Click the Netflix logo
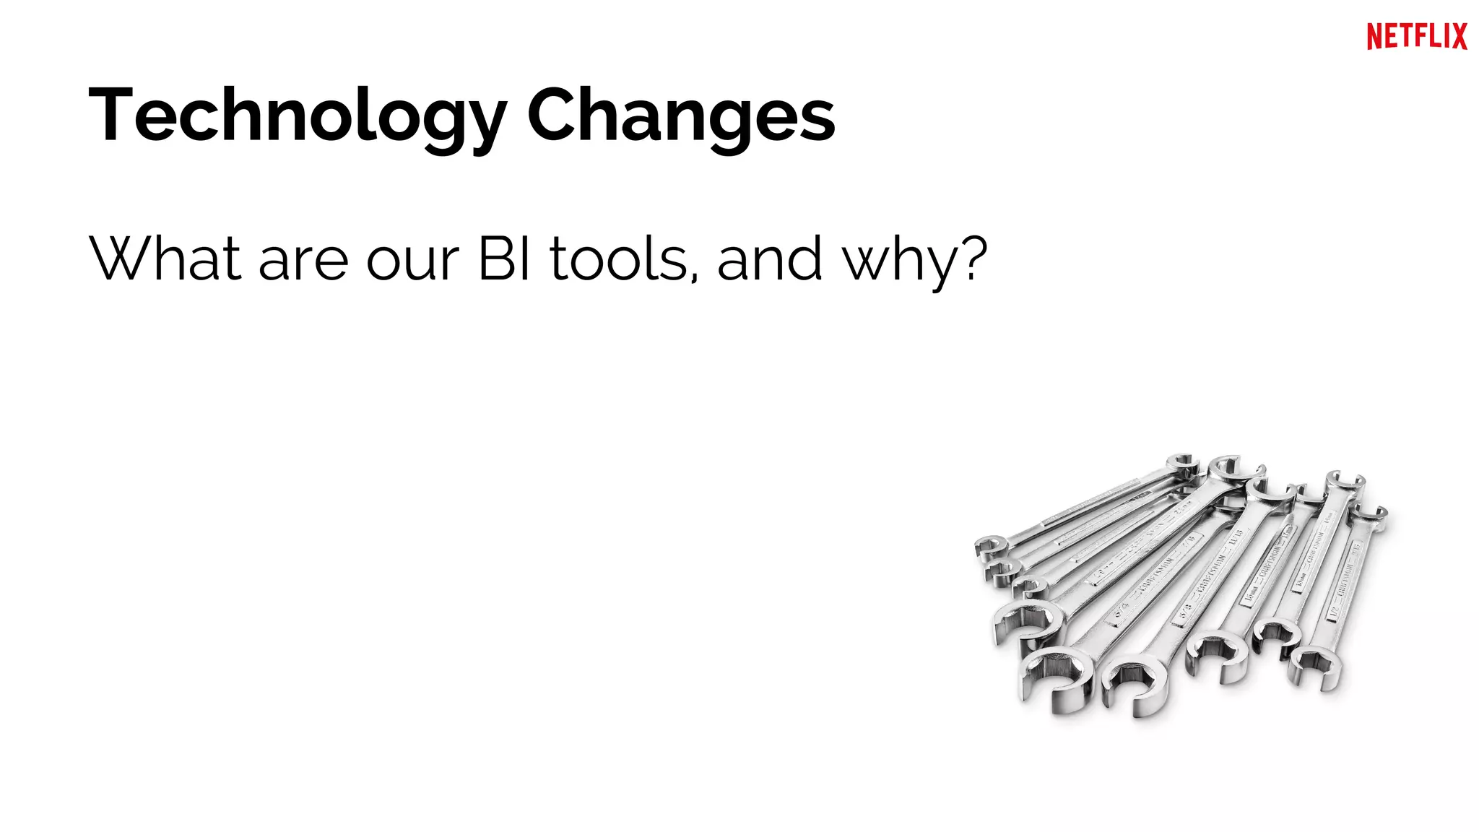pyautogui.click(x=1416, y=36)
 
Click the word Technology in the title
pyautogui.click(x=297, y=116)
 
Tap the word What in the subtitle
pyautogui.click(x=165, y=258)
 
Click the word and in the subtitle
pyautogui.click(x=770, y=258)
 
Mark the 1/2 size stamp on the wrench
pyautogui.click(x=1333, y=612)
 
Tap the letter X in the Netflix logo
pyautogui.click(x=1458, y=36)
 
